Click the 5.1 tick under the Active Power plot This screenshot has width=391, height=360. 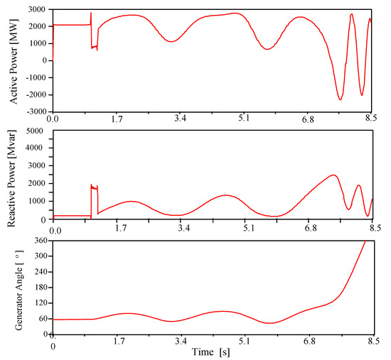point(243,119)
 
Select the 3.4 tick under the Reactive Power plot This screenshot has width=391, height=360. point(183,229)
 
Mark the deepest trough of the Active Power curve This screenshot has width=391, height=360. point(341,99)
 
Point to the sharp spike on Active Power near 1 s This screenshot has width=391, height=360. point(91,13)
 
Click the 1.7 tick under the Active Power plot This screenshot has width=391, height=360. point(122,119)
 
